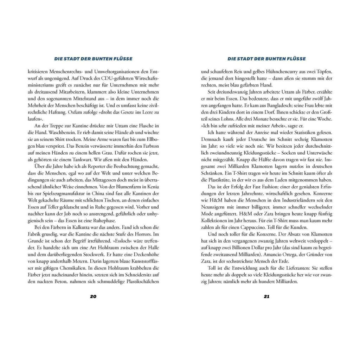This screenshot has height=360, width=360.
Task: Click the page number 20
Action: [93, 296]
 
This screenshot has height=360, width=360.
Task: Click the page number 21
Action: [266, 296]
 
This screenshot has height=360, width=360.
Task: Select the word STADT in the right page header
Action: [250, 59]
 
